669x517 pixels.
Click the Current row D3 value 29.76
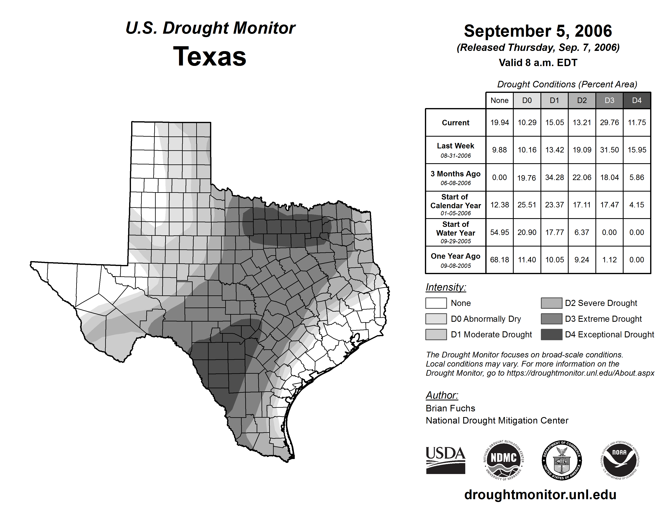609,122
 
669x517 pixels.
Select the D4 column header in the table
637,100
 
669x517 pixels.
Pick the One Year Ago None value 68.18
499,260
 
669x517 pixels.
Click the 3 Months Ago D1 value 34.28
554,177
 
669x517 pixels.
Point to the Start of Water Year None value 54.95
499,233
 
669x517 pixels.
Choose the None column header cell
499,100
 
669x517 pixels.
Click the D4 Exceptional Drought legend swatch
551,335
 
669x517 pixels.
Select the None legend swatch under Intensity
436,303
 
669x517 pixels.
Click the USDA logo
445,460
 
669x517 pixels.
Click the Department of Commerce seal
562,460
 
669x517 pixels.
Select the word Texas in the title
210,56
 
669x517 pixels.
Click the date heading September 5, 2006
538,31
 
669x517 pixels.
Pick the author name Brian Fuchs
450,408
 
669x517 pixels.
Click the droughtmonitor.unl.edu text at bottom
540,495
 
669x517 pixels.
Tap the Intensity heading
446,287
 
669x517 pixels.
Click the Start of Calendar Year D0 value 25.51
527,205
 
